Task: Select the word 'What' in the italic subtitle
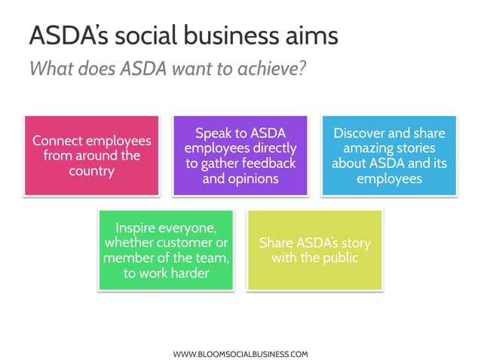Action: pyautogui.click(x=51, y=69)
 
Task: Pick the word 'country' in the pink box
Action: pyautogui.click(x=92, y=171)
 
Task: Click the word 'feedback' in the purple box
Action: pyautogui.click(x=266, y=163)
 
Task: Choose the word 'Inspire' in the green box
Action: pyautogui.click(x=139, y=227)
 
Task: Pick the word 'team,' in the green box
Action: pyautogui.click(x=212, y=258)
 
